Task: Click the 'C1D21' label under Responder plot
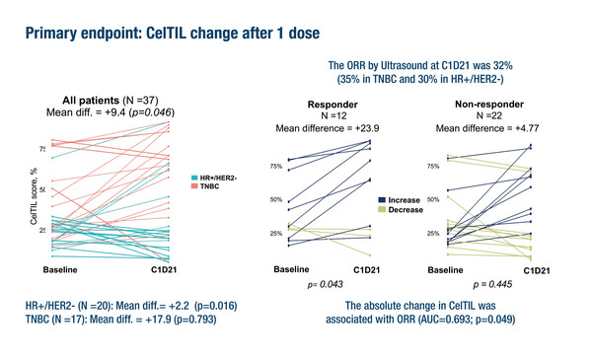(x=368, y=269)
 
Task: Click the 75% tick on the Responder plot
(x=261, y=167)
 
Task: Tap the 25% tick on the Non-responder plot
(x=432, y=234)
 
